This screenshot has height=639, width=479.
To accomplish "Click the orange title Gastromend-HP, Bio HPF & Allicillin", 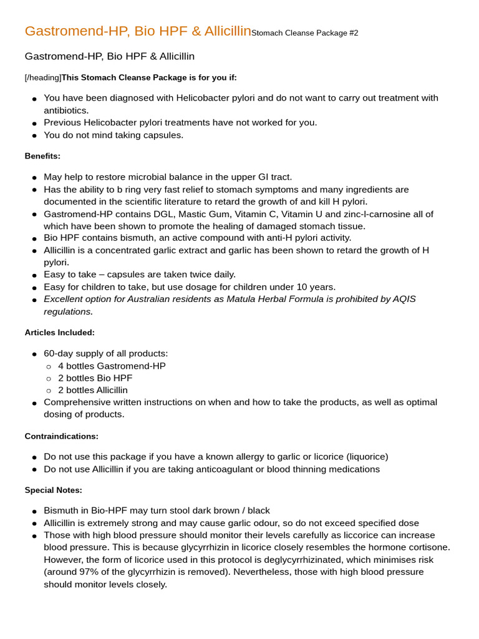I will (x=137, y=31).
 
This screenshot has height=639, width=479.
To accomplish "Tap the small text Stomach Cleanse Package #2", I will (x=304, y=33).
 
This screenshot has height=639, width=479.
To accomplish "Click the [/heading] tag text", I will (x=42, y=77).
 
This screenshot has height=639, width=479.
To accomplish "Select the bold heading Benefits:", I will (x=42, y=156).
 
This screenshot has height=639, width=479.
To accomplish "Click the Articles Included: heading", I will (x=60, y=333).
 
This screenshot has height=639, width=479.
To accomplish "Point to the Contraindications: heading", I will (x=62, y=436).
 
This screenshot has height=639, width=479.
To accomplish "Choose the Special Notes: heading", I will (x=54, y=490).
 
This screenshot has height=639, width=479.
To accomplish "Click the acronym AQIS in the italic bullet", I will (x=405, y=299).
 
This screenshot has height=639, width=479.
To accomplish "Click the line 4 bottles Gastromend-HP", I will (x=112, y=366).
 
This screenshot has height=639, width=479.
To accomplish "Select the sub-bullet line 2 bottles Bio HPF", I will (x=95, y=378).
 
